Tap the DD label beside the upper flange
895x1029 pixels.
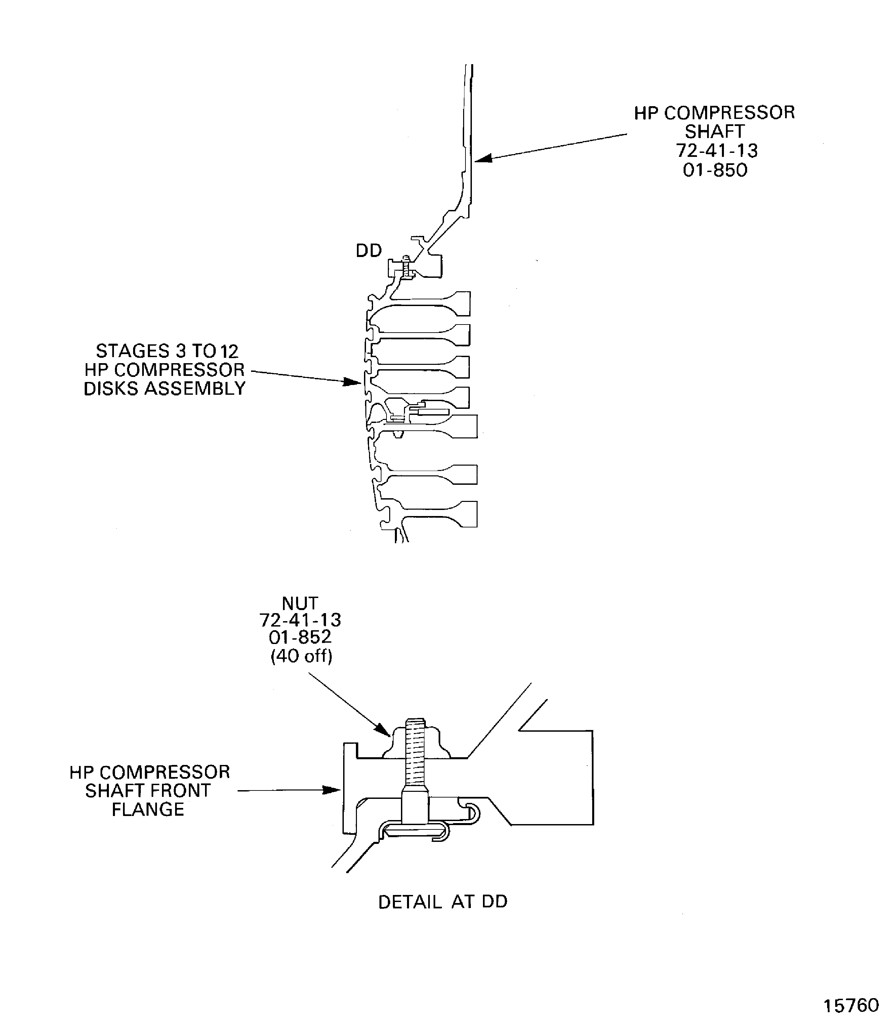(x=369, y=251)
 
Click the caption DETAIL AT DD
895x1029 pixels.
(x=443, y=902)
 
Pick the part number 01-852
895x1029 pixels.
(x=300, y=637)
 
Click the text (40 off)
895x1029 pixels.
(x=301, y=655)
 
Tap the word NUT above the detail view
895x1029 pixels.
(x=300, y=603)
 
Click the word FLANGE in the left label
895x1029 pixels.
(x=148, y=809)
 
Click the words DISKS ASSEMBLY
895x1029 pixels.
(x=164, y=388)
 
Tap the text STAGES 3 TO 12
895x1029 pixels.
(x=167, y=351)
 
